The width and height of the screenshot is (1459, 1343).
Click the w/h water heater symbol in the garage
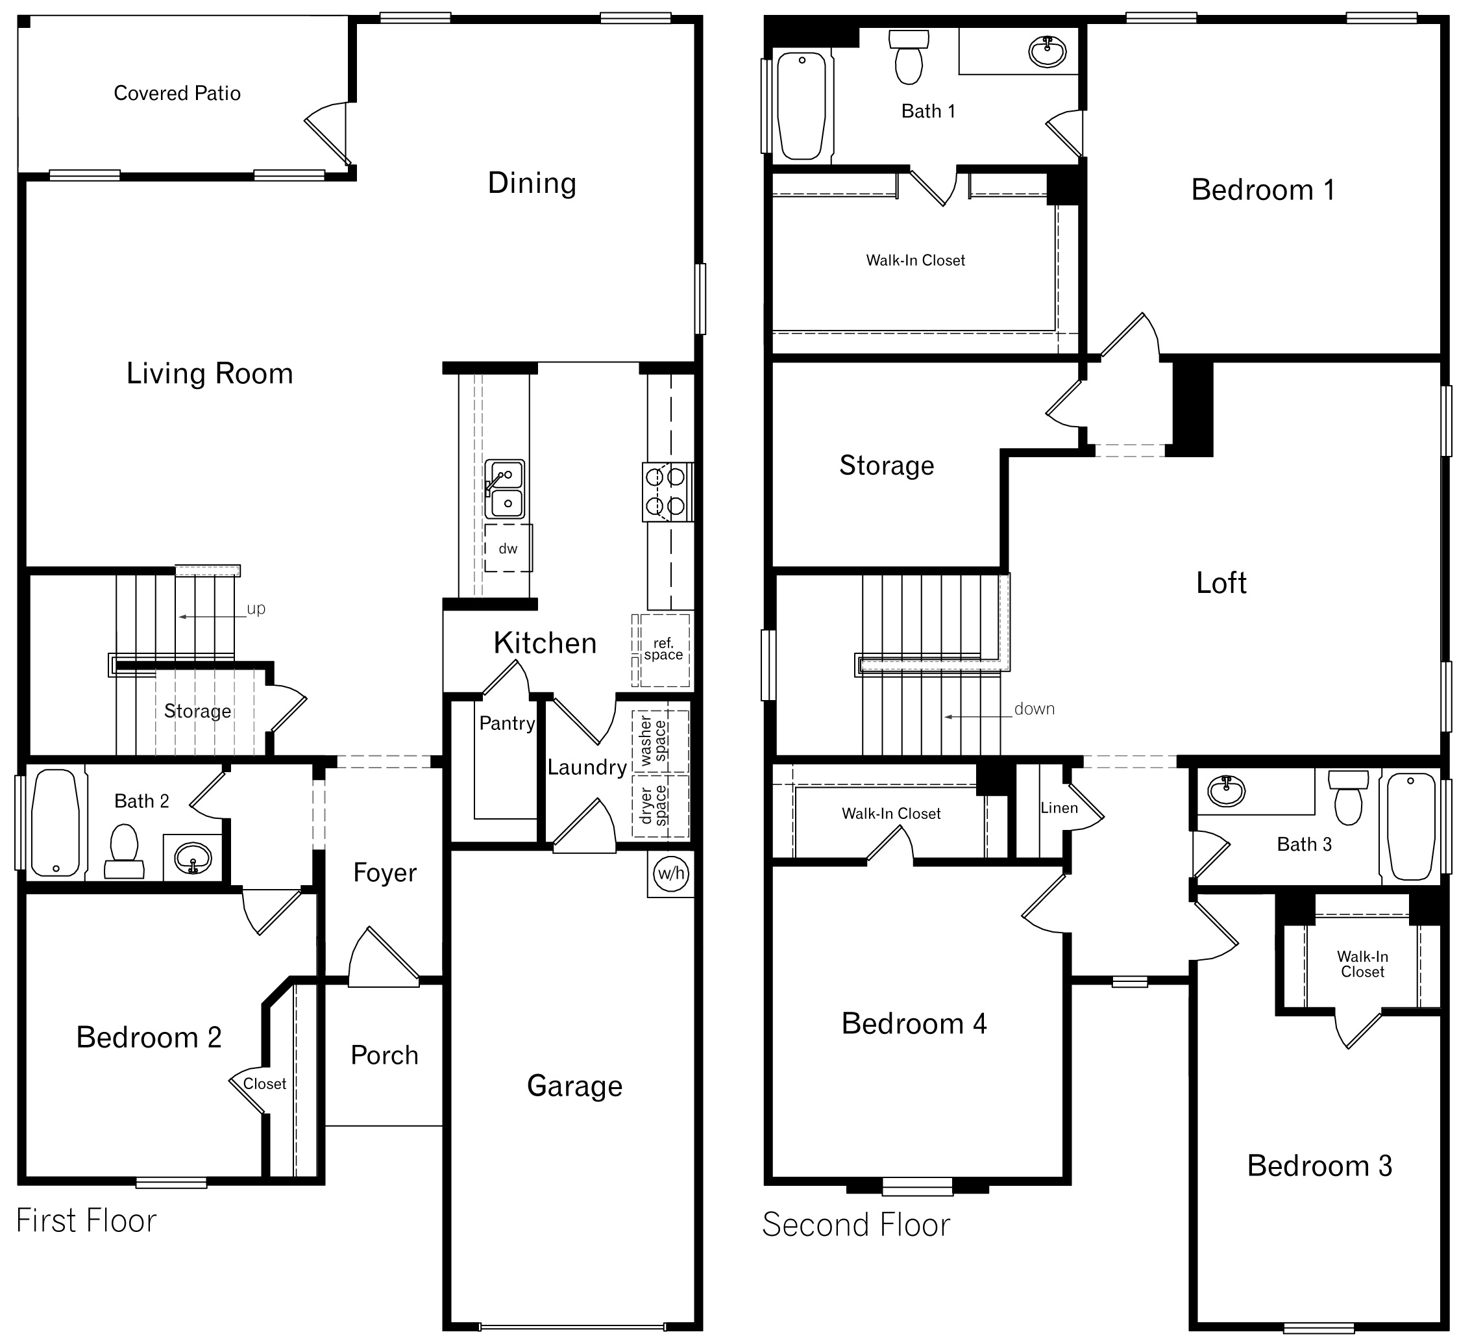tap(670, 873)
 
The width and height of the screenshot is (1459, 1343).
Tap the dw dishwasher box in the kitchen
tap(508, 549)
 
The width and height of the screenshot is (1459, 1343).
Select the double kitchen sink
tap(505, 489)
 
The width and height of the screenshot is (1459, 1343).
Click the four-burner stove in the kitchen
tap(667, 492)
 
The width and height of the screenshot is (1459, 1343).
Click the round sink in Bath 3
tap(1226, 792)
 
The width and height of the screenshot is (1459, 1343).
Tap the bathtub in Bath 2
tap(55, 823)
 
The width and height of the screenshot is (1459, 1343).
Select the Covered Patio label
tap(177, 93)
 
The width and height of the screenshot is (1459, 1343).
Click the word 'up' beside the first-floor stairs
tap(256, 609)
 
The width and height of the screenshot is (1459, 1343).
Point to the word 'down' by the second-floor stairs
tap(1033, 709)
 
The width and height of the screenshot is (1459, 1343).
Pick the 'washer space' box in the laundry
tap(659, 741)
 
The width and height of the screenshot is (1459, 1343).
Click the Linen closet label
tap(1059, 807)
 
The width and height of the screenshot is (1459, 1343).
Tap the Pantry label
tap(506, 723)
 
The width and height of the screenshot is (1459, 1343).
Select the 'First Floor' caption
tap(86, 1221)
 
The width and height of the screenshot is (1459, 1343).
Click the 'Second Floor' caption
tap(855, 1225)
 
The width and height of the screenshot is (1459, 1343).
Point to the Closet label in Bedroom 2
tap(264, 1083)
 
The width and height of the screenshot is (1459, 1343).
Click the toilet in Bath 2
tap(124, 850)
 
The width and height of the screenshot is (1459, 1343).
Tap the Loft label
tap(1221, 583)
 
